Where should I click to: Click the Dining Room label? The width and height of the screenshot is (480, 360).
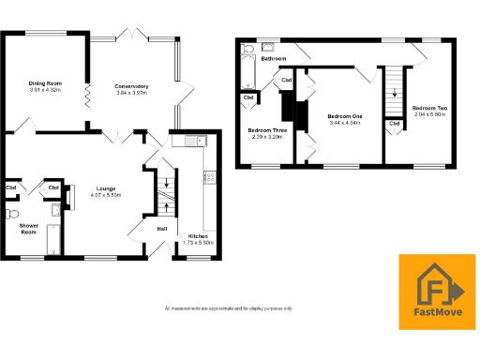tap(43, 82)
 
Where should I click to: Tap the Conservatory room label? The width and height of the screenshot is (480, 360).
tap(132, 86)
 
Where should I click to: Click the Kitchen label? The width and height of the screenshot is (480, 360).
tap(198, 235)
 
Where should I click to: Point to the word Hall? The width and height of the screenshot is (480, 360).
tap(161, 230)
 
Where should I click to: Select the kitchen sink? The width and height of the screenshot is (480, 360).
tap(194, 142)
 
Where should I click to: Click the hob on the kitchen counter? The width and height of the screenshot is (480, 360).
tap(210, 176)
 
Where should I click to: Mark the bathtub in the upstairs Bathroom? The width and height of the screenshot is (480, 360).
tap(247, 71)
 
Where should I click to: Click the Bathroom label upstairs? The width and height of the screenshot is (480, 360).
tap(274, 59)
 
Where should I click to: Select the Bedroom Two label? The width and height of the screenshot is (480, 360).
tap(430, 108)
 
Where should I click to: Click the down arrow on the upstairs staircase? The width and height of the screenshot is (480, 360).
tap(395, 93)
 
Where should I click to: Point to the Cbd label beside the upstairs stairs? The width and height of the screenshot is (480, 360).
tap(395, 123)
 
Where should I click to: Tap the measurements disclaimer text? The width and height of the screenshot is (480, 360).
tap(228, 308)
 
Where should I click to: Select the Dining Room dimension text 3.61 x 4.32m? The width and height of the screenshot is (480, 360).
tap(43, 89)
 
